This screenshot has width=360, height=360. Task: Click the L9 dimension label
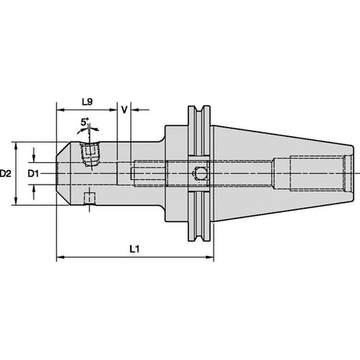click(x=87, y=102)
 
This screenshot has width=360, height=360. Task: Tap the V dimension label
click(x=124, y=110)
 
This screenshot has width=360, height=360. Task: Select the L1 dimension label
click(x=135, y=249)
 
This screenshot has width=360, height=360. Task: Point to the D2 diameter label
click(x=5, y=173)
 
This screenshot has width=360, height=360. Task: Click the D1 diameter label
click(x=33, y=173)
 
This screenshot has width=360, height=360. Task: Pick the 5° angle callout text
click(x=85, y=122)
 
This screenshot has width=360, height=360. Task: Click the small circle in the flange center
click(x=200, y=174)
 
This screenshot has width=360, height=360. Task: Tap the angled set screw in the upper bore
click(x=89, y=154)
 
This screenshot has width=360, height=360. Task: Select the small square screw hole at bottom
click(x=89, y=199)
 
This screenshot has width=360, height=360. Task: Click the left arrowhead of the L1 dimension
click(x=60, y=257)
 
